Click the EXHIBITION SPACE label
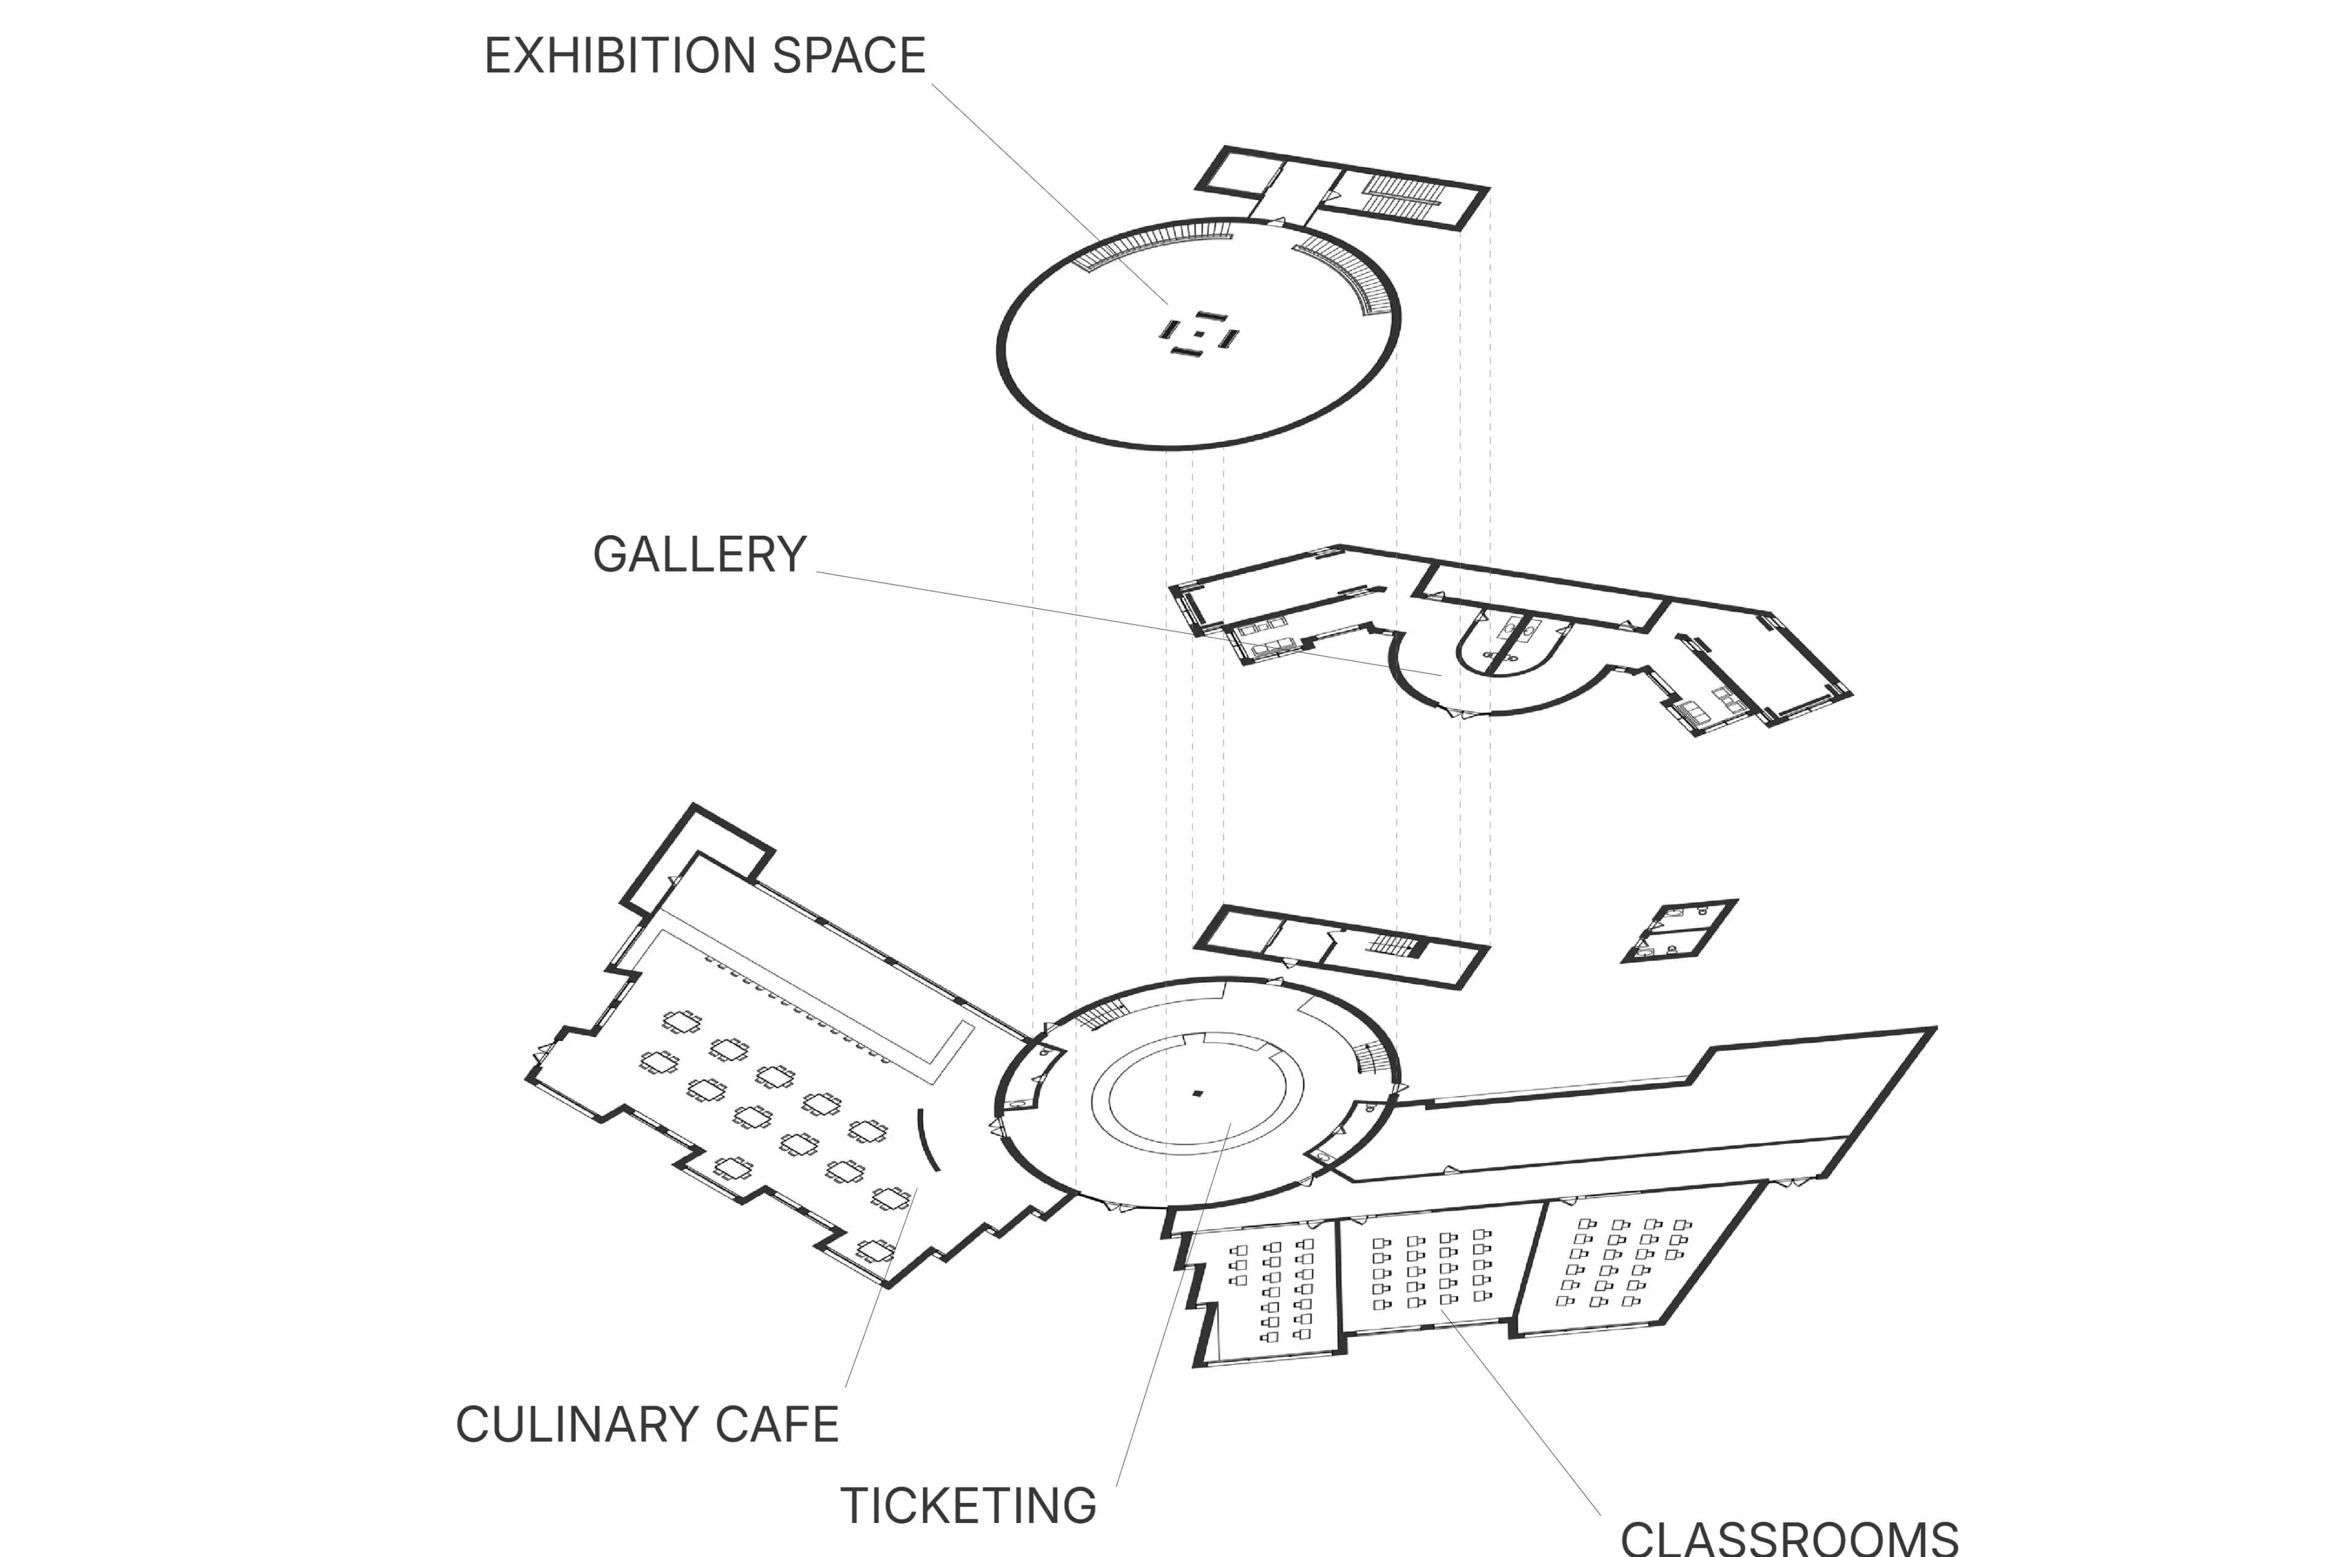click(x=704, y=55)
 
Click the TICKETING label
click(x=968, y=1505)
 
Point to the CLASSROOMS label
click(x=1789, y=1537)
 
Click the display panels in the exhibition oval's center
click(x=1199, y=334)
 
